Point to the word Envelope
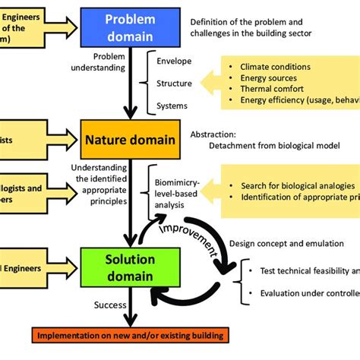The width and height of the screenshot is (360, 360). point(174,61)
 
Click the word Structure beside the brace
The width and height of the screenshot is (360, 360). point(174,82)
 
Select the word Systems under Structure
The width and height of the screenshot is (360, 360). point(172,105)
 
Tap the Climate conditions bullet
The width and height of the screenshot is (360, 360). point(276,67)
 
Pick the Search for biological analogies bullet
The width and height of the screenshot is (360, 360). point(298,186)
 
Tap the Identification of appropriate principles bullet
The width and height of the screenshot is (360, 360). point(300,197)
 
